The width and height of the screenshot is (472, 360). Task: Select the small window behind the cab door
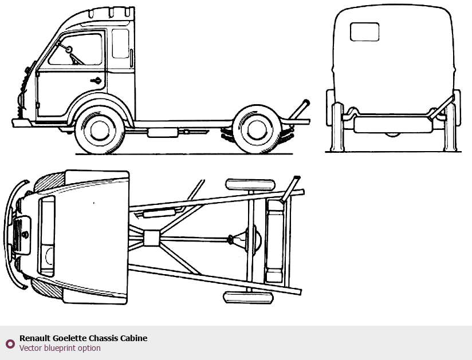pos(120,43)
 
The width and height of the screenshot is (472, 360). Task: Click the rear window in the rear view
pos(364,31)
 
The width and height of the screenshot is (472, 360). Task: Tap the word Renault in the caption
pos(34,338)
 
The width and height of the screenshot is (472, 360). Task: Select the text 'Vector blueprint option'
pos(60,348)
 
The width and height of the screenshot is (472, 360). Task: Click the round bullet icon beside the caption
pos(10,343)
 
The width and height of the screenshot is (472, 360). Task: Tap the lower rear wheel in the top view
pos(247,297)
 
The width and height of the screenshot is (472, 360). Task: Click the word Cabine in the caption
pos(133,338)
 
